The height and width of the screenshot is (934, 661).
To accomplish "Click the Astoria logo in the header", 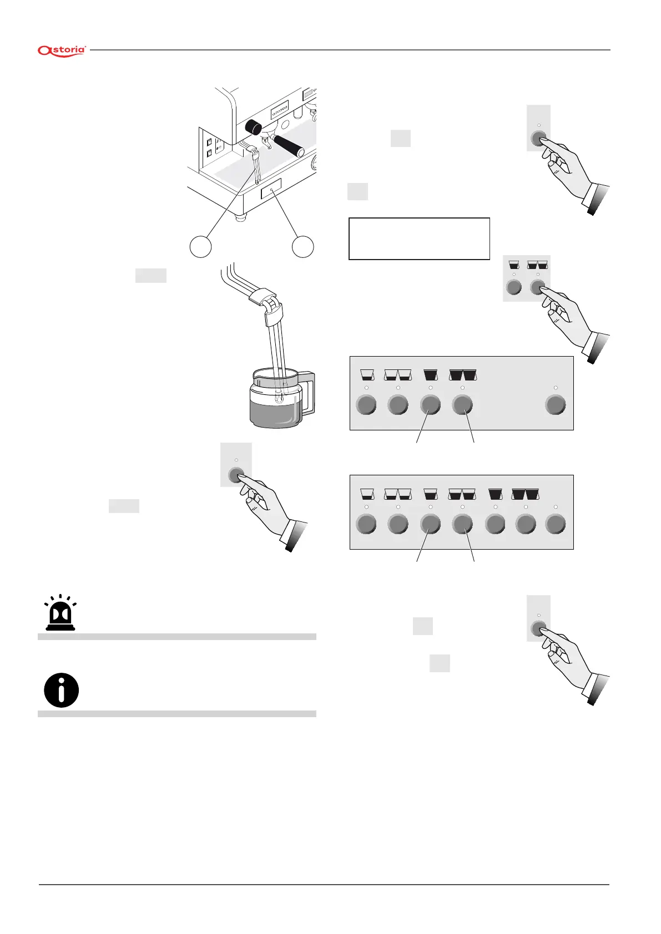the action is point(62,50).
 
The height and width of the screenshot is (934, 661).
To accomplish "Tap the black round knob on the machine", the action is point(254,127).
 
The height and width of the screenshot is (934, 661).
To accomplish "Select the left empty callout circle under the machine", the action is point(201,247).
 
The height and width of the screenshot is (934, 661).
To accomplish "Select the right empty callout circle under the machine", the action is point(303,247).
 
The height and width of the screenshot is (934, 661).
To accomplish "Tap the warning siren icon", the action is point(61,613).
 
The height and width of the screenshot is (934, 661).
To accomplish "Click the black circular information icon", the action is point(61,690).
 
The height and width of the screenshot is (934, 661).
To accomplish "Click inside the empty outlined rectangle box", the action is point(419,238).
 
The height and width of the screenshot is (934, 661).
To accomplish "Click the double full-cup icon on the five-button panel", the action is point(463,374).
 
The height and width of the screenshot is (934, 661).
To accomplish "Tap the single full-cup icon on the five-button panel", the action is point(431,374).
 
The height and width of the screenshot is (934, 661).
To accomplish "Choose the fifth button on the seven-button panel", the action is point(495,524).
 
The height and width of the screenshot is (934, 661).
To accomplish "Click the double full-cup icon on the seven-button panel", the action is point(526,493).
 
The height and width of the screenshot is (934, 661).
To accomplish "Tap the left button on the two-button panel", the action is point(514,287).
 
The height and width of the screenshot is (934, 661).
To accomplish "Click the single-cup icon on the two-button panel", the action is point(514,265).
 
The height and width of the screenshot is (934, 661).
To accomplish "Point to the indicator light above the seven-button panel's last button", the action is point(556,506).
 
